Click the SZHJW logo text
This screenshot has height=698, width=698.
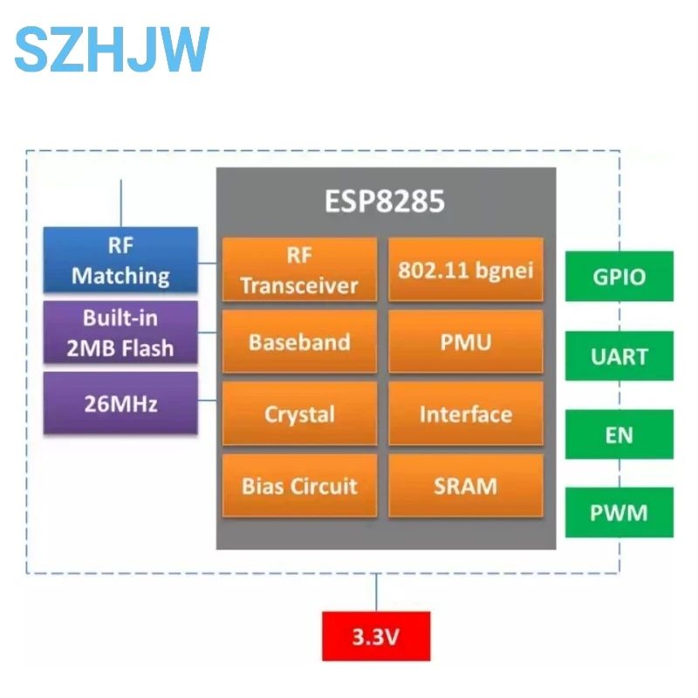[112, 49]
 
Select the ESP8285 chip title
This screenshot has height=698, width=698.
[385, 202]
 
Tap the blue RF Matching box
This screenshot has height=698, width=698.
[120, 260]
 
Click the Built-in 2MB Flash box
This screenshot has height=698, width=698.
[120, 332]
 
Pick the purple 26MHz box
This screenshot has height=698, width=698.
[120, 403]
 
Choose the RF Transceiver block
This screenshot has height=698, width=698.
[299, 270]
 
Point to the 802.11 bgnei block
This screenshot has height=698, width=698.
[465, 270]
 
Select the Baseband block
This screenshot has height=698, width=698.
[299, 341]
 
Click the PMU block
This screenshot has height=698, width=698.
[465, 341]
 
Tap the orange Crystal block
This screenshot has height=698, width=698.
[299, 414]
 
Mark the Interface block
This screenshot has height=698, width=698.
[465, 414]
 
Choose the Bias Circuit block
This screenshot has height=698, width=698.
[299, 485]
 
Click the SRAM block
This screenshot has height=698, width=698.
[465, 485]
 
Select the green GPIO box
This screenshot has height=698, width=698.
[619, 277]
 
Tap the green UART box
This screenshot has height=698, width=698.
[619, 356]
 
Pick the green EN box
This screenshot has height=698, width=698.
[619, 435]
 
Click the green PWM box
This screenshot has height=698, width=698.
[619, 512]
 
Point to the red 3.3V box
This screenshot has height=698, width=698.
[376, 636]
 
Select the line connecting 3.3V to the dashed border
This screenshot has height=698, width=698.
[376, 592]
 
